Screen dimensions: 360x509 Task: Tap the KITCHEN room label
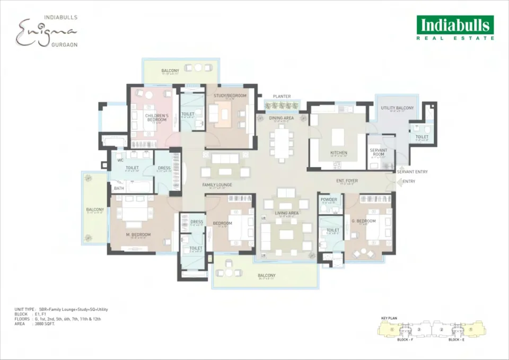(339, 153)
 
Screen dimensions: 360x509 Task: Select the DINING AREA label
(282, 118)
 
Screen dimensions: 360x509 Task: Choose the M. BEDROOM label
(138, 234)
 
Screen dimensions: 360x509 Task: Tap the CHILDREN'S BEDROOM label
(157, 118)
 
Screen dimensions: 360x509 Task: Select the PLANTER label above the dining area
(282, 96)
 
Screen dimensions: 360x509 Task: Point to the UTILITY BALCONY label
(397, 108)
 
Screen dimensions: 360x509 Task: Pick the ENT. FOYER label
(347, 181)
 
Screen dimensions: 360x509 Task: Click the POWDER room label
(329, 200)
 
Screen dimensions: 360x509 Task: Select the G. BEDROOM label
(364, 221)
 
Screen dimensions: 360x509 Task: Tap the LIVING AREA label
(286, 213)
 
